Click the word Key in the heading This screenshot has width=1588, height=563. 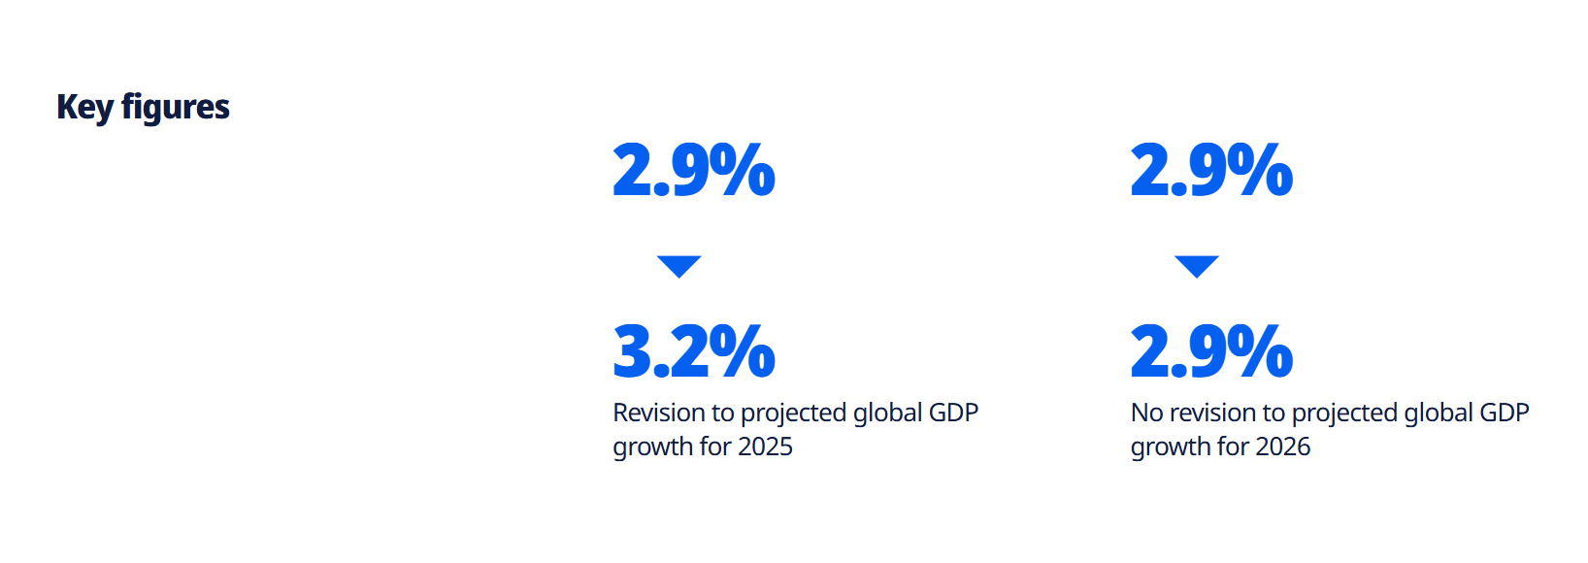(85, 108)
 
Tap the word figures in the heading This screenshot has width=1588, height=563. (176, 108)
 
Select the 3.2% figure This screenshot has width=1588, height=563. (694, 350)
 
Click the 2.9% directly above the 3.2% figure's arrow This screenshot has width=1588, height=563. (694, 169)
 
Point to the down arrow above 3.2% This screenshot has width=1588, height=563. (679, 266)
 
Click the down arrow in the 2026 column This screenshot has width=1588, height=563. (1197, 266)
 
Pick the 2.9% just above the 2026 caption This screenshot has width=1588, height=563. (1211, 350)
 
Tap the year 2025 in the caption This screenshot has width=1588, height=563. (765, 447)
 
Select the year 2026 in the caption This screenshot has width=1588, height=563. (1282, 447)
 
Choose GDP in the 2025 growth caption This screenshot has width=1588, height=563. (953, 413)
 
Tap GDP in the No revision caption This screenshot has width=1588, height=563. (1505, 413)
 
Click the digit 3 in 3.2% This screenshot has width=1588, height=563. (632, 350)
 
